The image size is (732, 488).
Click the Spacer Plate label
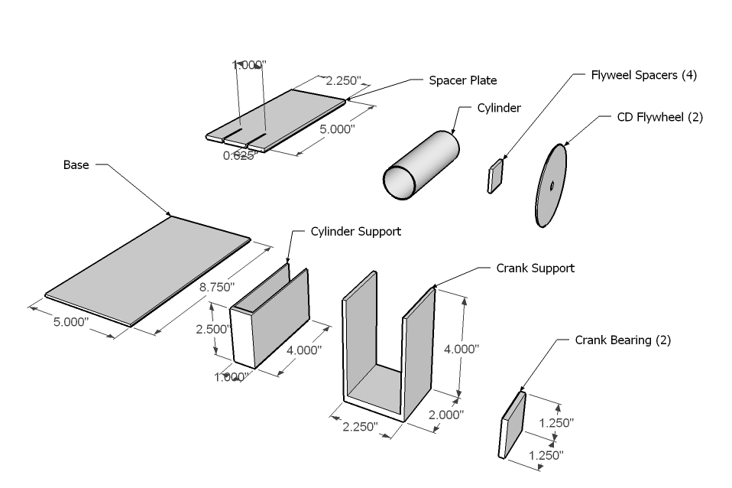[x=462, y=80]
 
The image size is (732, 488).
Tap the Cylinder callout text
[x=499, y=108]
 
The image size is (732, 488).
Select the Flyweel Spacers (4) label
[x=643, y=75]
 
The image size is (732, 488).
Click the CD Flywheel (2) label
[x=659, y=117]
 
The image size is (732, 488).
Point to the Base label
[x=76, y=164]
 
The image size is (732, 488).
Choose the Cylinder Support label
[x=355, y=231]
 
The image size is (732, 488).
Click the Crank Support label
[x=535, y=268]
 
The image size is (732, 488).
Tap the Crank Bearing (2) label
[x=622, y=340]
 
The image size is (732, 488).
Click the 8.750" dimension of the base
[x=217, y=287]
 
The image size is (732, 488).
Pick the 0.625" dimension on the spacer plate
[x=238, y=155]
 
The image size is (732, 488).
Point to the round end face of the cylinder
[x=400, y=181]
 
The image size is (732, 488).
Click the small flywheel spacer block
[x=496, y=175]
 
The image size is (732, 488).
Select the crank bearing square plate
[x=513, y=426]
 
